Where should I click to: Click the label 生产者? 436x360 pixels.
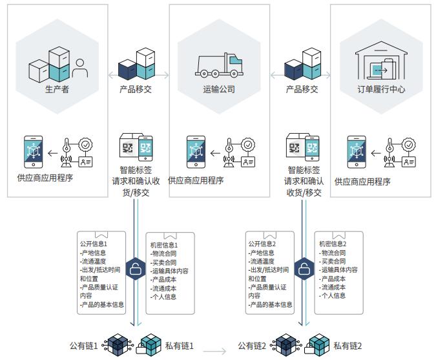tap(57, 89)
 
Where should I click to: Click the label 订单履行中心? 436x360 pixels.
tap(381, 89)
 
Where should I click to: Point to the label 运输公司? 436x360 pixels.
tap(219, 89)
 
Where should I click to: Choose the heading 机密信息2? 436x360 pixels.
tap(333, 244)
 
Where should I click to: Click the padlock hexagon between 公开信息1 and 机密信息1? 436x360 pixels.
tap(135, 270)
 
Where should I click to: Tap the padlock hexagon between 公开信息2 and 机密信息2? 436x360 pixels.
tap(302, 270)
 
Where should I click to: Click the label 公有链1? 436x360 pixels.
tap(84, 346)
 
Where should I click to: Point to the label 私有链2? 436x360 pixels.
tap(347, 346)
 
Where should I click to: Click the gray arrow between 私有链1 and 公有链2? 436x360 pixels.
tap(215, 352)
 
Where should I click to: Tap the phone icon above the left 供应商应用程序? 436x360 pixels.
tap(33, 152)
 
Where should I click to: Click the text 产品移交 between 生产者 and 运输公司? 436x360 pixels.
tap(136, 89)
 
